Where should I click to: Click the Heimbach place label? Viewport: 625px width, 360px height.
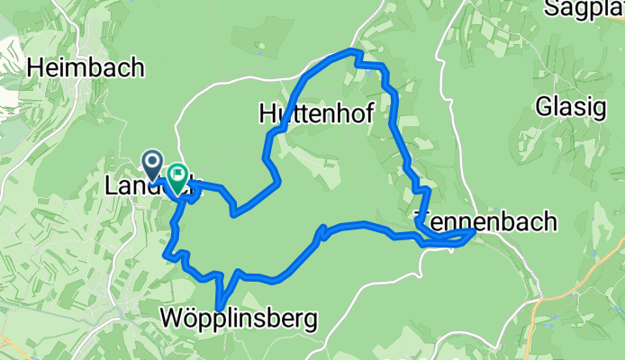pyautogui.click(x=86, y=67)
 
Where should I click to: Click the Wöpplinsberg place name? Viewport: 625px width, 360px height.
pyautogui.click(x=240, y=319)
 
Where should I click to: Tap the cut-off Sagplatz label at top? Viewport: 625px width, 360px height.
pyautogui.click(x=584, y=9)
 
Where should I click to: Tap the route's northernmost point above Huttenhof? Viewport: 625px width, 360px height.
pyautogui.click(x=352, y=52)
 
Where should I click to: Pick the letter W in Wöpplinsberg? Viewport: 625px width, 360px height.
pyautogui.click(x=174, y=319)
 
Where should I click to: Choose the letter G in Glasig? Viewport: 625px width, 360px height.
pyautogui.click(x=543, y=106)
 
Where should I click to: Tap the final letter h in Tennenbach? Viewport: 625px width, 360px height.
pyautogui.click(x=550, y=221)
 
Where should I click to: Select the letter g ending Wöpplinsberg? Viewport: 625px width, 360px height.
pyautogui.click(x=311, y=320)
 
